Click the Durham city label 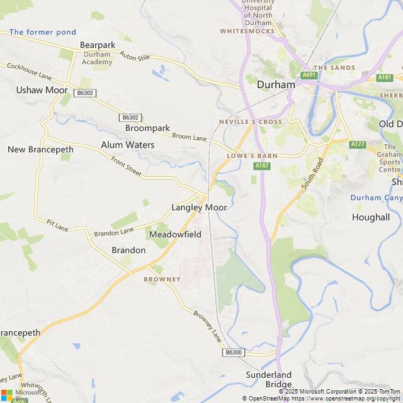tap(276, 84)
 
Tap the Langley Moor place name tap(199, 207)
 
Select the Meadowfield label tap(175, 234)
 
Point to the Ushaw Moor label tap(42, 90)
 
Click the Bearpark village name tap(98, 45)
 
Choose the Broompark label tap(147, 128)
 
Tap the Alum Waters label tap(127, 145)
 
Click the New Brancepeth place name tap(40, 150)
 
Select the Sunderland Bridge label tap(270, 380)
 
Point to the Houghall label tap(371, 217)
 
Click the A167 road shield tap(263, 166)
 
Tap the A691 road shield tap(309, 75)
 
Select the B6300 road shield tap(233, 353)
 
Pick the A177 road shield tap(358, 144)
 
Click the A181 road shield tap(385, 77)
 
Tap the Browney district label tap(162, 279)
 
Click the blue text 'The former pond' tap(43, 32)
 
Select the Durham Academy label tap(97, 59)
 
